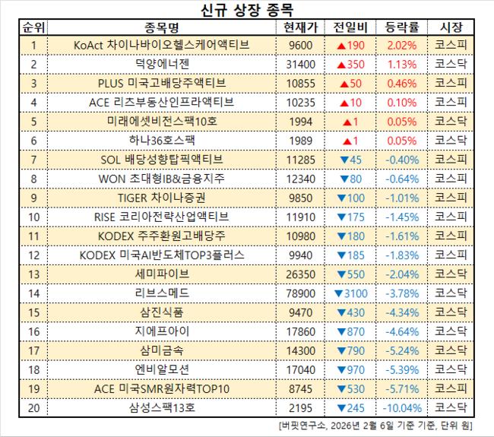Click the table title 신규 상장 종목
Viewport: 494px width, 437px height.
click(x=247, y=10)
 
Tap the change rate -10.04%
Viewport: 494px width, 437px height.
click(x=401, y=406)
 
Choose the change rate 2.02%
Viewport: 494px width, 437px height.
click(x=401, y=45)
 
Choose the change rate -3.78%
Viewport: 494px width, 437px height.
click(x=401, y=292)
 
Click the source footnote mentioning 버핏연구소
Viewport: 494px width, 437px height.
click(x=380, y=424)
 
